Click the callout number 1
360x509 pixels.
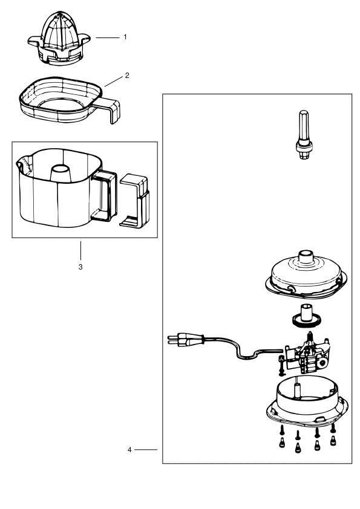click(x=125, y=37)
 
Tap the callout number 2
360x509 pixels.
click(x=127, y=76)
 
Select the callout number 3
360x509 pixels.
click(x=80, y=267)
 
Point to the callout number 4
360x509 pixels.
click(x=129, y=450)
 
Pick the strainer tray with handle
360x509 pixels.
click(x=68, y=100)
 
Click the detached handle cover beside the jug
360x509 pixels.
click(x=135, y=200)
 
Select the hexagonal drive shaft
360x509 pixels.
click(x=304, y=134)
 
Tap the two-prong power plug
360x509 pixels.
click(x=185, y=339)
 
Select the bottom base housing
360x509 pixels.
click(x=307, y=400)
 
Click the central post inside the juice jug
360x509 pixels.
click(x=59, y=172)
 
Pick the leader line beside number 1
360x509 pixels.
click(x=108, y=37)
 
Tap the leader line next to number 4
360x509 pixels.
click(x=146, y=450)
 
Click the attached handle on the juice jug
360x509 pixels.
click(x=105, y=196)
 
